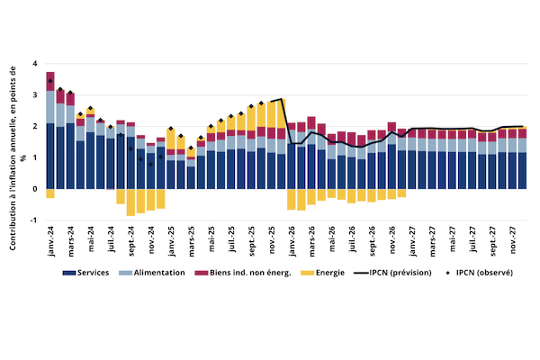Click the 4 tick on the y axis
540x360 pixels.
pos(34,64)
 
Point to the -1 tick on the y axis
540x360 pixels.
pos(33,220)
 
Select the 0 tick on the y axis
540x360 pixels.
pos(34,189)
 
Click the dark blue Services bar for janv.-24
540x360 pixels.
pos(50,157)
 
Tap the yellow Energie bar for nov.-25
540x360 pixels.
pos(271,115)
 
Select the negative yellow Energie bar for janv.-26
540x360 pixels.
pos(292,199)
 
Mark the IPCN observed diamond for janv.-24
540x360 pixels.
pos(50,81)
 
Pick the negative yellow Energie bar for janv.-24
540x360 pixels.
pos(50,193)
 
